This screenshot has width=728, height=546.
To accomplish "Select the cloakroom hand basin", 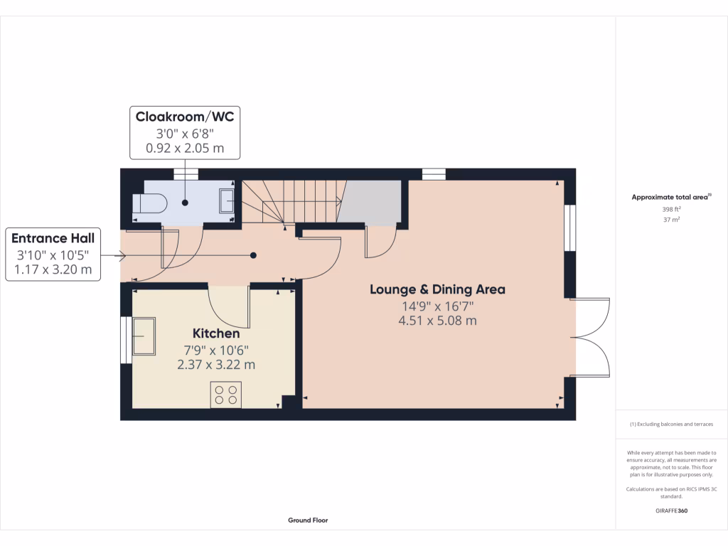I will coord(227,200).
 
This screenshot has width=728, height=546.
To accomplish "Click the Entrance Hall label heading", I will coord(53,238).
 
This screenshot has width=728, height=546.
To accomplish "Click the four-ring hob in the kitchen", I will coord(226,395).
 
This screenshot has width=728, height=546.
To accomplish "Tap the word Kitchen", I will coord(216,333).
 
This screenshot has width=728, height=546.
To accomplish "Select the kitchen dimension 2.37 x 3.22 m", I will coord(216,365).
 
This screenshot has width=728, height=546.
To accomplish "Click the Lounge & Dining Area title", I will coord(437,289).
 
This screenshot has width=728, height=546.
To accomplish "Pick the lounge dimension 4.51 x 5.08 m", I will coord(437,321).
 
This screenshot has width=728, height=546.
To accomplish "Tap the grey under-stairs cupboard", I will coord(372,202).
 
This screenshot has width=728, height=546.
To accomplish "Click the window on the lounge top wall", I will coord(434,174).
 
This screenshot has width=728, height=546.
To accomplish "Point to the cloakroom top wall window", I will coord(186,174).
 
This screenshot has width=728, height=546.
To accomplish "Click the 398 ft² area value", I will coord(672,210).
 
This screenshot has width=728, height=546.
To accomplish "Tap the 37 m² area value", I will coord(672,220).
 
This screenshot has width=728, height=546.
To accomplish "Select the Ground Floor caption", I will coord(308,520).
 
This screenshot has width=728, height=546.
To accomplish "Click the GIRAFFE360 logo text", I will coord(672,510).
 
